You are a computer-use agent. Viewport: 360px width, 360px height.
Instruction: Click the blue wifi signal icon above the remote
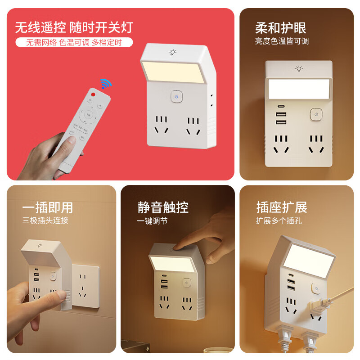(x=106, y=84)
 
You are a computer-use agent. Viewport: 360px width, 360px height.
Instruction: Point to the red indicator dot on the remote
(x=93, y=94)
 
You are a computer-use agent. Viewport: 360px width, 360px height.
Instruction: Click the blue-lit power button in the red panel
(x=177, y=96)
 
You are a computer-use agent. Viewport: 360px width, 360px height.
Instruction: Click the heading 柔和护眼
(x=280, y=28)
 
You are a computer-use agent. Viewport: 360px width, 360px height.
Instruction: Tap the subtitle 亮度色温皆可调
(x=282, y=41)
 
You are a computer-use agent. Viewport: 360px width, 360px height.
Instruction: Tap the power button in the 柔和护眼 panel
(x=316, y=114)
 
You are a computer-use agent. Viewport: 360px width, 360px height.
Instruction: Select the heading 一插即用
(x=48, y=207)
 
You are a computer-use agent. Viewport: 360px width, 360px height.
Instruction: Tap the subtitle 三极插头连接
(x=45, y=221)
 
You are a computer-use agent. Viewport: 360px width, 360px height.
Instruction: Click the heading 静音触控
(x=163, y=207)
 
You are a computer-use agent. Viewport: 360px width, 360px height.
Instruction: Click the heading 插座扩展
(x=281, y=207)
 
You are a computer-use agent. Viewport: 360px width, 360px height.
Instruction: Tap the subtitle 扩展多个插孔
(x=279, y=221)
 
